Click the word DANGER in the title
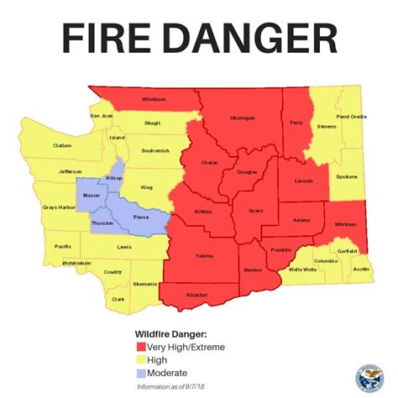coord(259,40)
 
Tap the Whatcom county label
coord(154,100)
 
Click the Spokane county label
coord(346,177)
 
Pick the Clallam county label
coord(39,145)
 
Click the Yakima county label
coord(204,255)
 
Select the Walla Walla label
coord(302,270)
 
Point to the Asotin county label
coord(360,269)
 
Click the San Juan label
coord(101,115)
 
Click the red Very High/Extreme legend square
coord(140,347)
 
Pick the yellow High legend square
coord(140,359)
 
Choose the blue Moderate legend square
coord(140,372)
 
